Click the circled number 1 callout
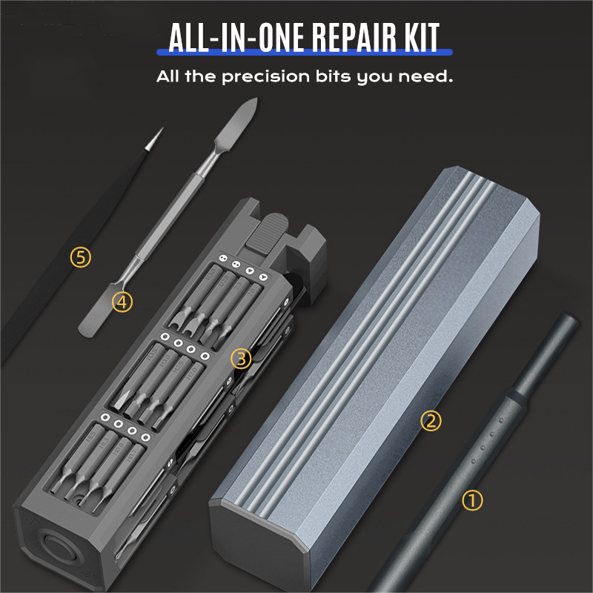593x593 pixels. (472, 500)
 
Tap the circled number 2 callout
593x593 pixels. (431, 421)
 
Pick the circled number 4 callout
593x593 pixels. (122, 302)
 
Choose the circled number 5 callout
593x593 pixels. (81, 257)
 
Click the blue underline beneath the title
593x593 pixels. (304, 53)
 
